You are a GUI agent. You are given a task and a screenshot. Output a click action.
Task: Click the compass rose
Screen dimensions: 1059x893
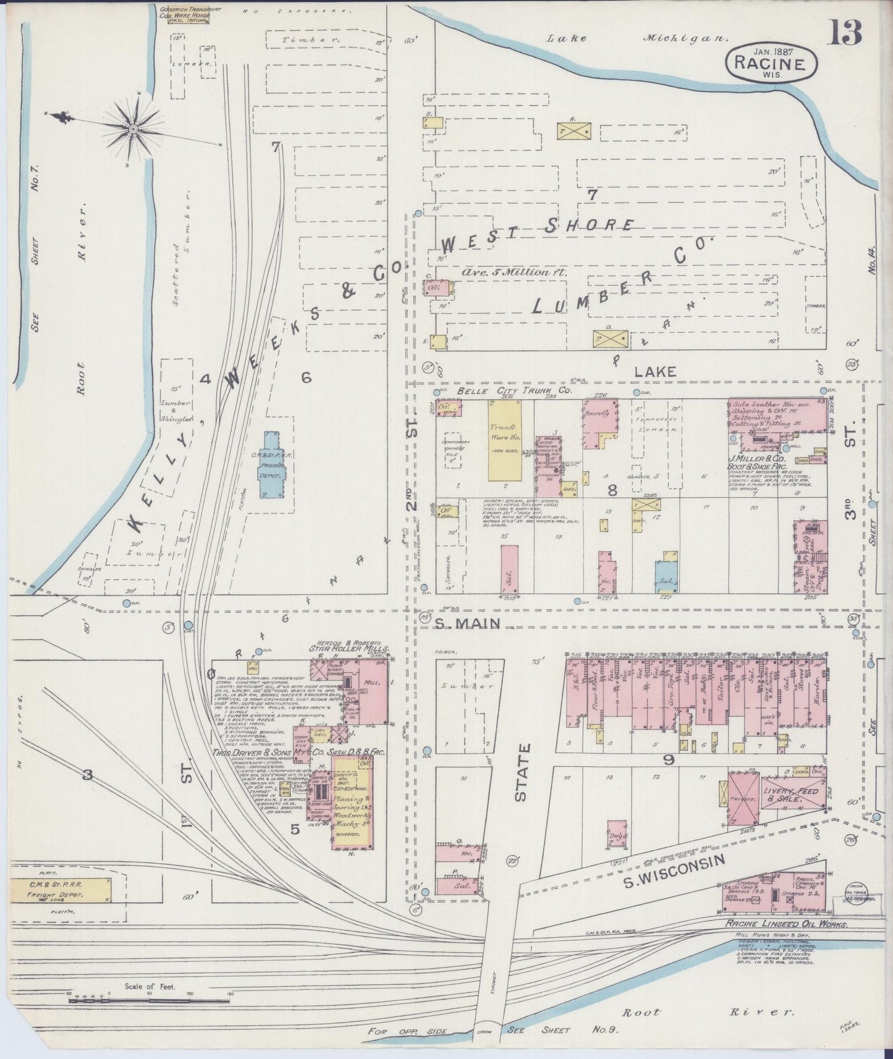click(x=133, y=128)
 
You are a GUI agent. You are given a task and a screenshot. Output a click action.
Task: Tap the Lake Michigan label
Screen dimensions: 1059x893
click(x=636, y=38)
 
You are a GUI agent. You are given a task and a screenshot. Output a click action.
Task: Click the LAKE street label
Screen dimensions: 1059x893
click(x=656, y=371)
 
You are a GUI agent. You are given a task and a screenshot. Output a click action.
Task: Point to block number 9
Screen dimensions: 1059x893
click(x=668, y=759)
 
